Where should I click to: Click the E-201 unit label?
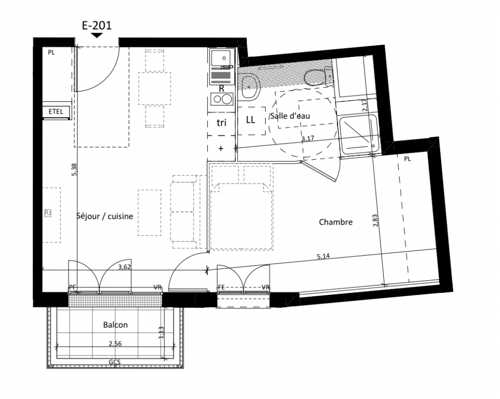pyautogui.click(x=97, y=25)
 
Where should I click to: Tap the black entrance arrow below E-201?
pyautogui.click(x=97, y=35)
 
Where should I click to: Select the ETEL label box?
pyautogui.click(x=56, y=112)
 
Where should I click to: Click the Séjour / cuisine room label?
pyautogui.click(x=105, y=216)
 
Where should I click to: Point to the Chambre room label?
pyautogui.click(x=336, y=222)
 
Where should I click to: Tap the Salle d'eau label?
pyautogui.click(x=290, y=116)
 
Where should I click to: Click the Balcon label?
pyautogui.click(x=116, y=325)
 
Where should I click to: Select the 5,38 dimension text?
pyautogui.click(x=74, y=170)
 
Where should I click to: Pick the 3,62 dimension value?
pyautogui.click(x=124, y=267)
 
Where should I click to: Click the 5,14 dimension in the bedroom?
pyautogui.click(x=324, y=256)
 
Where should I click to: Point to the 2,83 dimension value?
pyautogui.click(x=375, y=220)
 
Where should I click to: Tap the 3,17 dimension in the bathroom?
pyautogui.click(x=308, y=139)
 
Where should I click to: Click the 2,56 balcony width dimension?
pyautogui.click(x=115, y=344)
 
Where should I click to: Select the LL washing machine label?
pyautogui.click(x=251, y=120)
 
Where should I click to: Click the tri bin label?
pyautogui.click(x=221, y=123)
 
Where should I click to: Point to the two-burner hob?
pyautogui.click(x=222, y=99)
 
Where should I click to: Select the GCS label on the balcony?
pyautogui.click(x=115, y=362)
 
